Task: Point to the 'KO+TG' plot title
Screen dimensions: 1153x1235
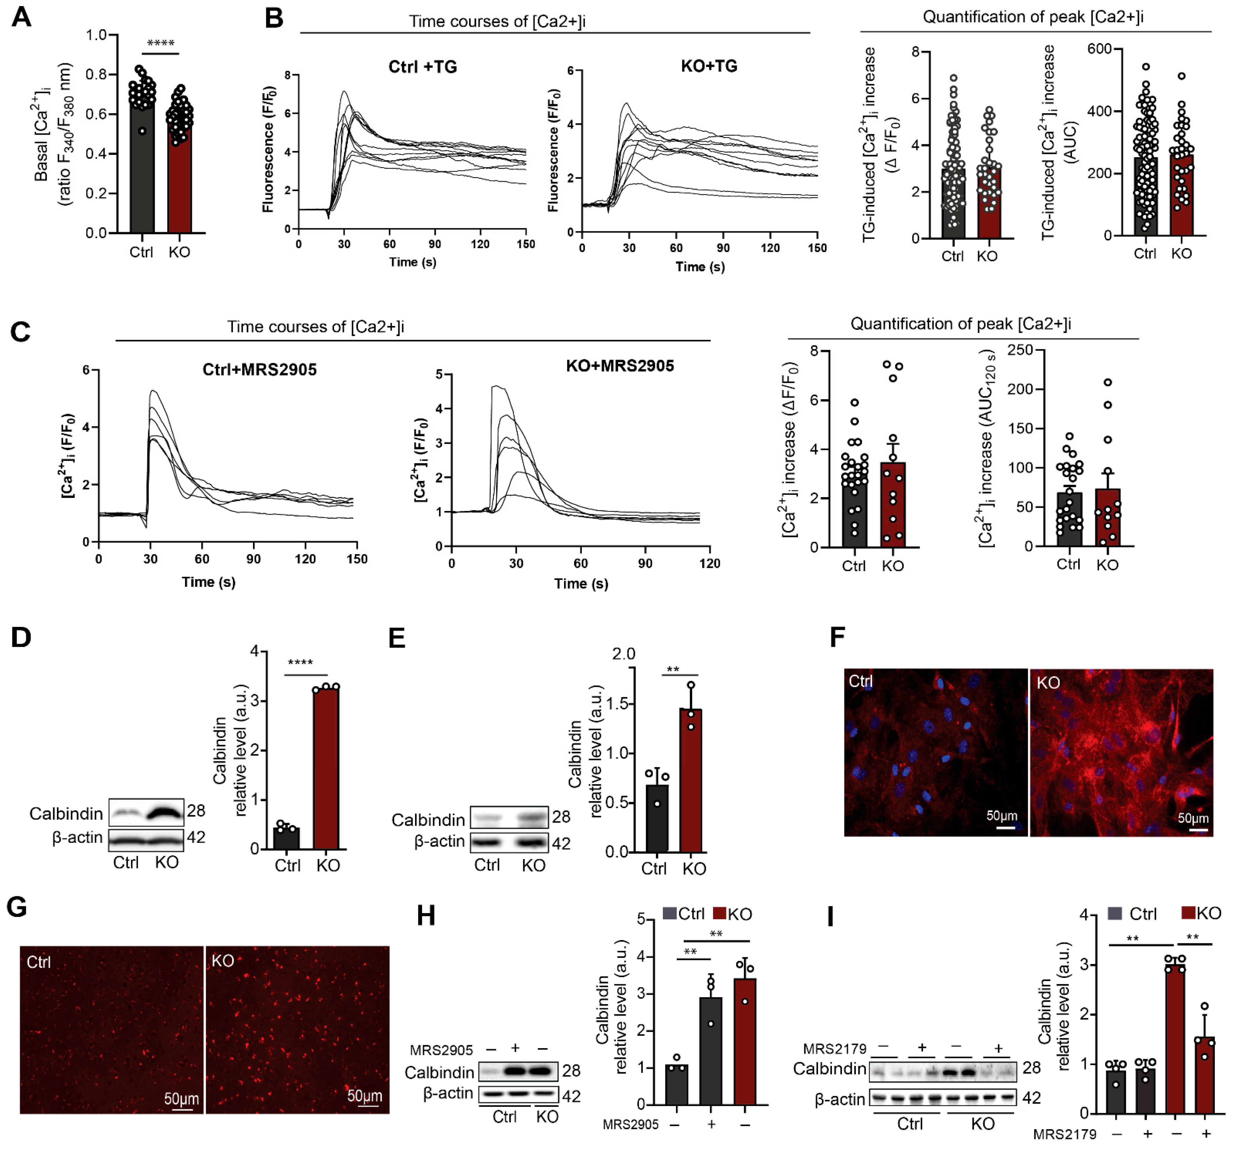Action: (709, 66)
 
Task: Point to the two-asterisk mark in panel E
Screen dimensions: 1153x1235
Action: (673, 669)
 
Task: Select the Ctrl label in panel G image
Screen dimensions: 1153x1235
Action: (39, 962)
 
